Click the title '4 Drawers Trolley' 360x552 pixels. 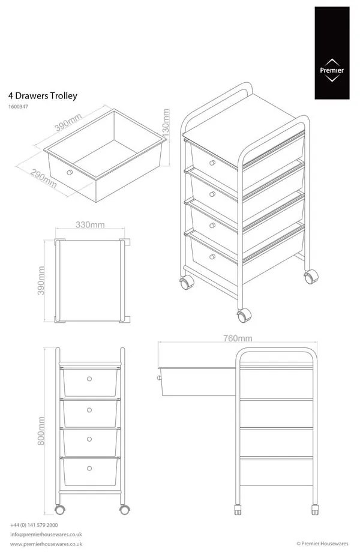[43, 95]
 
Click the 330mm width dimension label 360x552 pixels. [90, 225]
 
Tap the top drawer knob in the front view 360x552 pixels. [89, 379]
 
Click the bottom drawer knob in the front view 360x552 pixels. [89, 469]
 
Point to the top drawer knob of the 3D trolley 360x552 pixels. [211, 163]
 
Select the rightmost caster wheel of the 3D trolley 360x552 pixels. [310, 277]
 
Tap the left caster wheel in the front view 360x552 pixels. [59, 509]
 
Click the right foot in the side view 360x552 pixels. [314, 511]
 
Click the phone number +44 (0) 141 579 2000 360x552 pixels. [34, 524]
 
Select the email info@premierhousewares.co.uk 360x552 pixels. [46, 534]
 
